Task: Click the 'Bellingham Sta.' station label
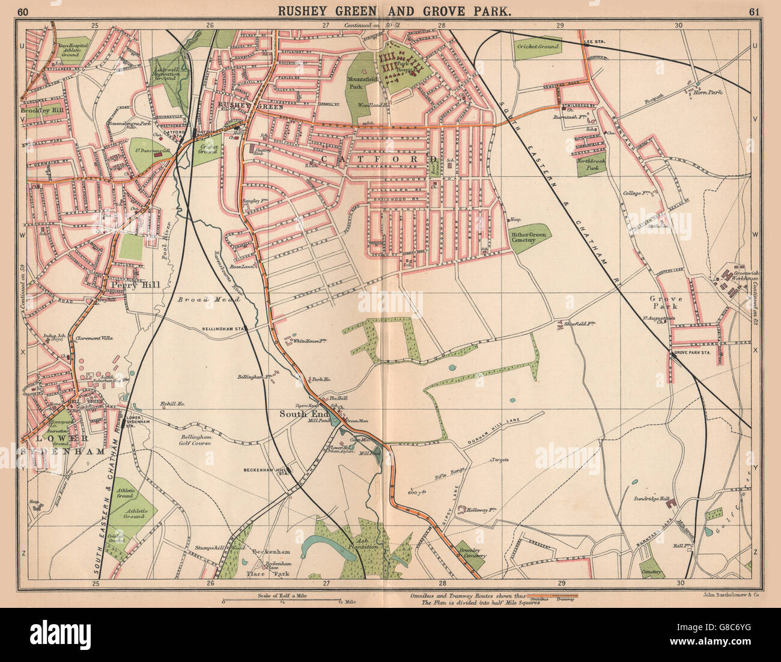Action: (x=233, y=329)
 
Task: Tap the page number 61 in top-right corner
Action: (x=756, y=10)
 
